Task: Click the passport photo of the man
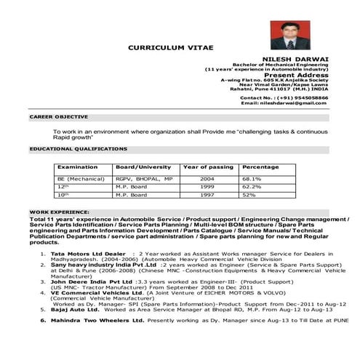284,35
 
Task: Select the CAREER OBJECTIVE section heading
59,116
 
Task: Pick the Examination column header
78,167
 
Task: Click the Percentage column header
260,167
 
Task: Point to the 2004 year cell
208,179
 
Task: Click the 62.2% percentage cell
252,187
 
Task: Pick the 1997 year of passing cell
208,195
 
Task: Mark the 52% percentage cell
249,195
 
